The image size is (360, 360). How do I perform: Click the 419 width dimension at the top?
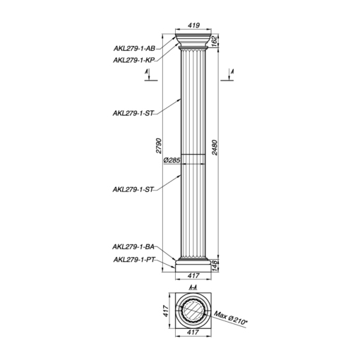[194, 25]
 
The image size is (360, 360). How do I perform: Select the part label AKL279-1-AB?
[134, 49]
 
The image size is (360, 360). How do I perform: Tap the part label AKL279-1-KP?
[133, 60]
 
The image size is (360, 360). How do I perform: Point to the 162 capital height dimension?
[214, 42]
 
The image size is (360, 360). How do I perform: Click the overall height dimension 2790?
[160, 146]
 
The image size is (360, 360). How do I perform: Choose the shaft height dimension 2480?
[215, 148]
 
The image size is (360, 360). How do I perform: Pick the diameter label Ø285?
[172, 160]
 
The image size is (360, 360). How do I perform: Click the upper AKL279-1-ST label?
[133, 113]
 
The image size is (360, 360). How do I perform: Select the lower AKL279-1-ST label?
[133, 189]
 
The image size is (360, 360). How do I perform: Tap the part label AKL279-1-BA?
[133, 247]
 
